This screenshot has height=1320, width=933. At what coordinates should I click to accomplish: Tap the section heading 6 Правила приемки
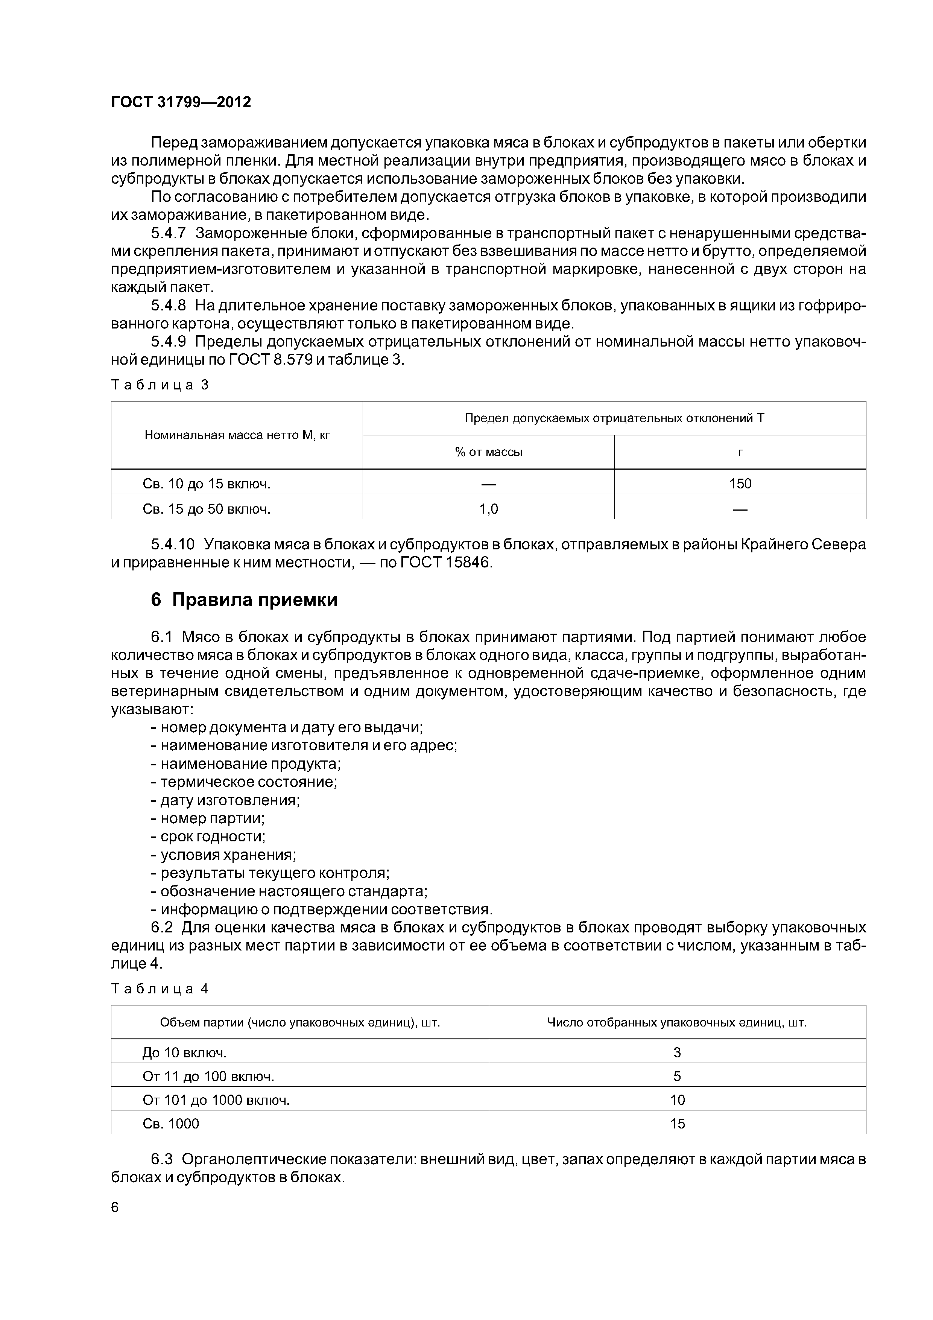point(244,600)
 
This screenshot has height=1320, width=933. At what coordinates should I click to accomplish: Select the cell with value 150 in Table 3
point(740,484)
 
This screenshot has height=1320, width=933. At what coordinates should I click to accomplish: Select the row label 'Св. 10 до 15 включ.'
point(207,484)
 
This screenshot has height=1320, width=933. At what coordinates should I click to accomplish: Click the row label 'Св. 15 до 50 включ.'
point(207,509)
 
